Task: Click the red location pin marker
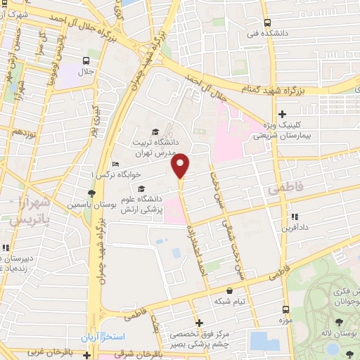(181, 165)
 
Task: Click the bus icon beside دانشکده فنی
(265, 21)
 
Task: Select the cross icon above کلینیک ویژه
(282, 114)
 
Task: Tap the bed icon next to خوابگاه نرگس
(115, 165)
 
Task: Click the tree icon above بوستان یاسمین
(91, 193)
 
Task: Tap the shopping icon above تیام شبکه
(229, 290)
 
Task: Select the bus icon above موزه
(285, 309)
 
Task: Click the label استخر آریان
(104, 337)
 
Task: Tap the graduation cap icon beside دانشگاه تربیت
(155, 131)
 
